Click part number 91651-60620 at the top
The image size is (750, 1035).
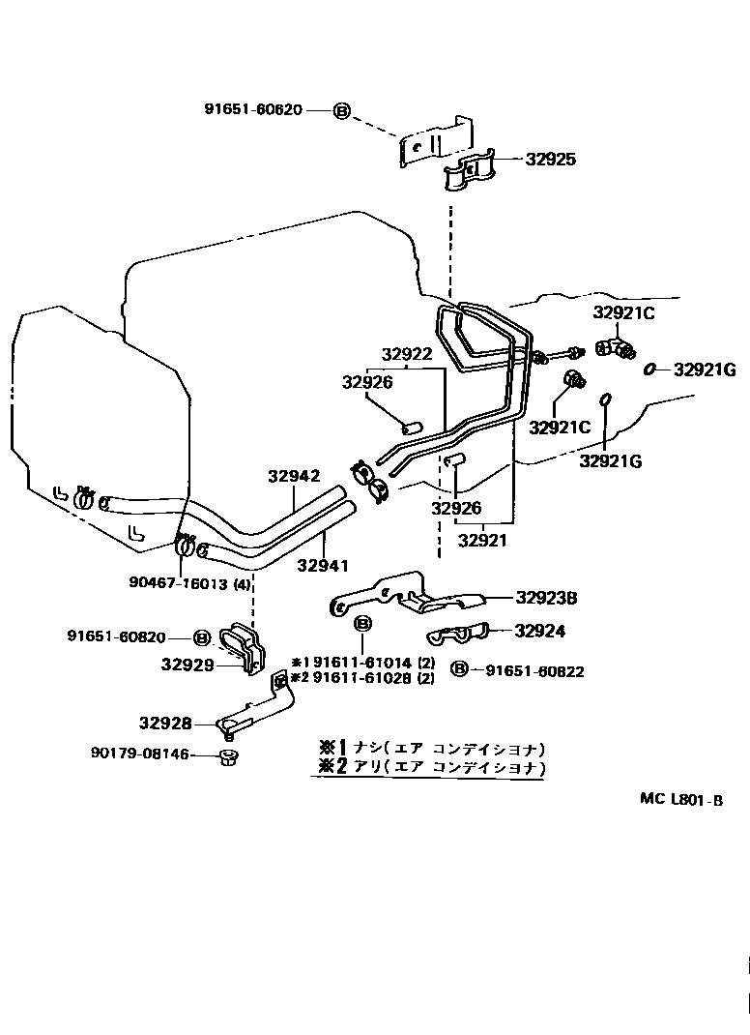(253, 110)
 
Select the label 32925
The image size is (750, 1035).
(550, 160)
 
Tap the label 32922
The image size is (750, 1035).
(406, 355)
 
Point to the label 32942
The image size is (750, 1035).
(293, 476)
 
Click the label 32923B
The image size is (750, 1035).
(546, 599)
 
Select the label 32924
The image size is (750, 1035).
(539, 632)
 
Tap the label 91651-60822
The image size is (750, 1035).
(534, 670)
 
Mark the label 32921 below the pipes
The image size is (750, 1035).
(482, 541)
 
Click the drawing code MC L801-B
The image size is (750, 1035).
(680, 800)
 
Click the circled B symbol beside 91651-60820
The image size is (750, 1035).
(201, 637)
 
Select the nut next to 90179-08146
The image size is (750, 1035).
(228, 755)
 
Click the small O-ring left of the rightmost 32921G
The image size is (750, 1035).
(650, 369)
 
